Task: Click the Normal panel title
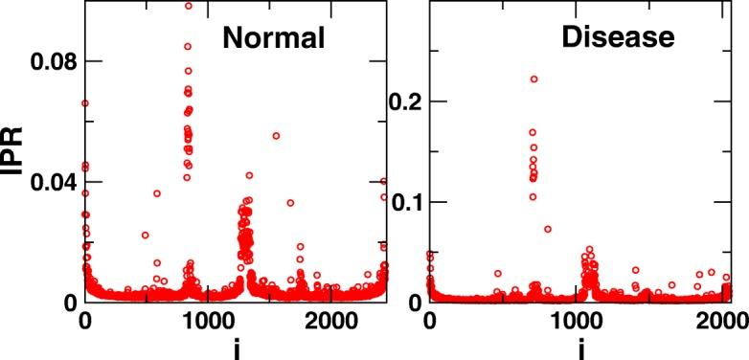click(274, 37)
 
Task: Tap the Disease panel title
click(619, 37)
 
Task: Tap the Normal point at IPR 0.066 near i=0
click(85, 103)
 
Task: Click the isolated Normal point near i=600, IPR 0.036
click(157, 193)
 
